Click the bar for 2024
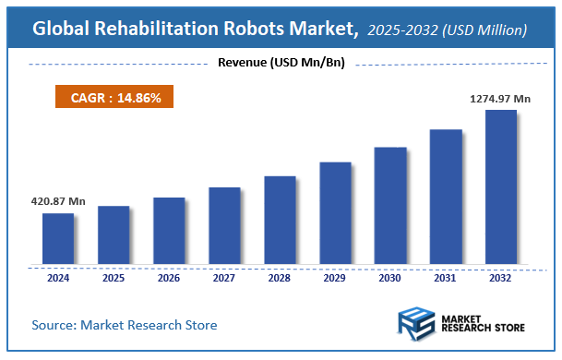tap(58, 240)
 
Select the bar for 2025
tap(114, 236)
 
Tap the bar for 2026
tap(169, 232)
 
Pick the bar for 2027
tap(224, 227)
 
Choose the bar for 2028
tap(280, 222)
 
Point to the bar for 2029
tap(335, 214)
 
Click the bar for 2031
tap(446, 198)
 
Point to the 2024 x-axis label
tap(58, 277)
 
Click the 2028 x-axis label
tap(280, 277)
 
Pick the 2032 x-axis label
tap(501, 277)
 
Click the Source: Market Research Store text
tap(125, 325)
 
